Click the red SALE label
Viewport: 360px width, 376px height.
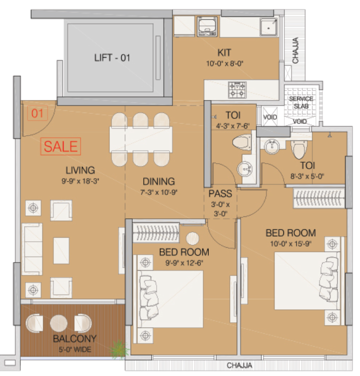pyautogui.click(x=61, y=146)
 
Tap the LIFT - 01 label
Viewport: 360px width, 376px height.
pyautogui.click(x=112, y=58)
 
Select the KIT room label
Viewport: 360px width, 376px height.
pyautogui.click(x=224, y=53)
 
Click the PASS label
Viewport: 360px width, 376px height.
pyautogui.click(x=219, y=193)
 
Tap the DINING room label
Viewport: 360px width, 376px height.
pyautogui.click(x=159, y=182)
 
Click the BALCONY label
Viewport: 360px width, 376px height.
pyautogui.click(x=75, y=340)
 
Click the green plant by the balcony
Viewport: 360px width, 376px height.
pyautogui.click(x=120, y=350)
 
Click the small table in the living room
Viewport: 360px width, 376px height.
pyautogui.click(x=61, y=250)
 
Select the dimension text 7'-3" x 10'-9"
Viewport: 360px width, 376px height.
pyautogui.click(x=159, y=191)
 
